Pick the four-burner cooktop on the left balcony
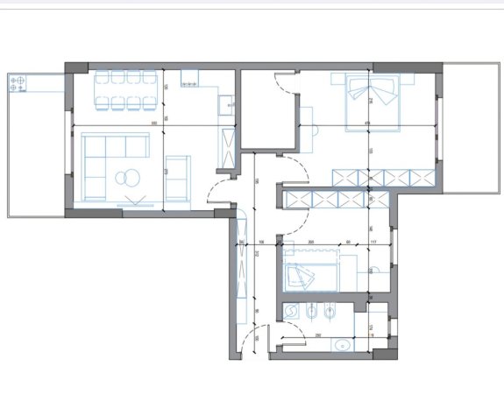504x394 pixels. pos(17,84)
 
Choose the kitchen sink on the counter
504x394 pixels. pos(226,103)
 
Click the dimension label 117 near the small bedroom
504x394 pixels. pos(373,242)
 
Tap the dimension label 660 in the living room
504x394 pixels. pos(154,121)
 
